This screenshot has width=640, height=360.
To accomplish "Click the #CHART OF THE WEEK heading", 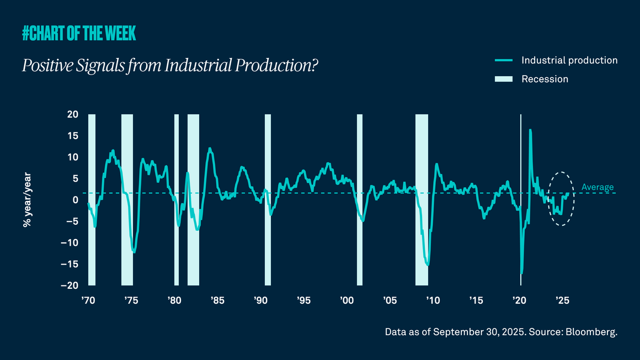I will click(79, 34).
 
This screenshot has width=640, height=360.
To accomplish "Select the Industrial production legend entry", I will click(569, 60).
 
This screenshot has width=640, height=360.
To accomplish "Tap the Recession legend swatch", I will click(504, 79).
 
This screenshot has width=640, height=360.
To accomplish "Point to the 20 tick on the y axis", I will click(73, 114).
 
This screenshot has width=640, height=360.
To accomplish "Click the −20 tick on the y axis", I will click(70, 285).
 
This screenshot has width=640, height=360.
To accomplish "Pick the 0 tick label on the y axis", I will click(76, 200).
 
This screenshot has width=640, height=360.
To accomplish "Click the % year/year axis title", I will click(26, 200).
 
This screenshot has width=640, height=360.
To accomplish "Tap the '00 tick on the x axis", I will click(346, 300).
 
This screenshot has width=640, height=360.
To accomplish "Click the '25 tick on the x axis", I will click(562, 300).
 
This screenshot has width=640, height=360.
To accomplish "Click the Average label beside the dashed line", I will click(597, 187).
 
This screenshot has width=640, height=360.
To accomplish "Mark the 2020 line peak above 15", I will click(530, 130).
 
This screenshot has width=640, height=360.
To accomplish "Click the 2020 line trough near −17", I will click(521, 273).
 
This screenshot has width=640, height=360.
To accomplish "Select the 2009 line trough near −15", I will click(428, 265).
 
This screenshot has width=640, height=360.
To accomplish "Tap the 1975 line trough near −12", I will click(134, 252).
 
